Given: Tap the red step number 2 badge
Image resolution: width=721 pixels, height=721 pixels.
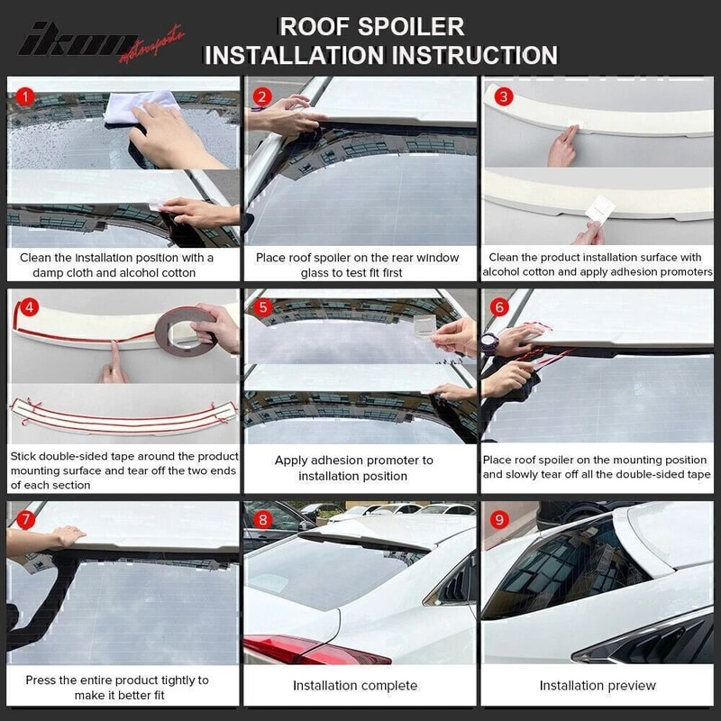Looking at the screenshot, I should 262,96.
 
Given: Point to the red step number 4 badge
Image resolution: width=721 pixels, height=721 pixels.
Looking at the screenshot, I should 29,306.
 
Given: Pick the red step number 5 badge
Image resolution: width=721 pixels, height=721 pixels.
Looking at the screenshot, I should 263,306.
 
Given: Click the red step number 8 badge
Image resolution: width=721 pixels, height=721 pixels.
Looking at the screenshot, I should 262,520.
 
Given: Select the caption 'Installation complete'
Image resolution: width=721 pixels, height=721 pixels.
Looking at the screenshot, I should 355,686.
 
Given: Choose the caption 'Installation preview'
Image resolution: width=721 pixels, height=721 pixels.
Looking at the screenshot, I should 598,686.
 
